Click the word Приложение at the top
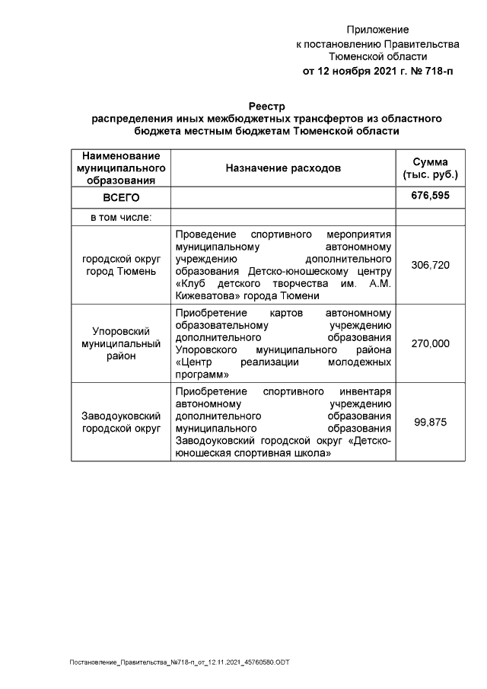[377, 30]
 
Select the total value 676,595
[430, 196]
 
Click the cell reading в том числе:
[121, 217]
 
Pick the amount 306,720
[430, 265]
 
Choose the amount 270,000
[430, 343]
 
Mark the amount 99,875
[430, 423]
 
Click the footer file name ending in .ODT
[180, 662]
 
